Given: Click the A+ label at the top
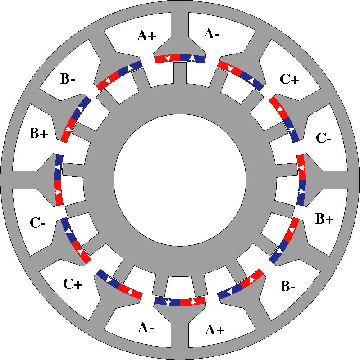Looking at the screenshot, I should (x=146, y=36).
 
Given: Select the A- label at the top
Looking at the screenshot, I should (x=212, y=33).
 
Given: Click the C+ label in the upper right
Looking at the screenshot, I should (x=289, y=80).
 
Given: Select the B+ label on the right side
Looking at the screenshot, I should (x=324, y=219).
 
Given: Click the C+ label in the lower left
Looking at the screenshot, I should (x=72, y=284).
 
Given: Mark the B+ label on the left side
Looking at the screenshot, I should (x=39, y=134).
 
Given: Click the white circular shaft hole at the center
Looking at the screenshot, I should (x=180, y=180).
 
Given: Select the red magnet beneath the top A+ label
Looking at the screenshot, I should (x=167, y=58).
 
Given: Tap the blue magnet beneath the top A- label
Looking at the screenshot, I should (x=193, y=58).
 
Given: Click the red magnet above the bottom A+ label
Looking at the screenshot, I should (x=193, y=301).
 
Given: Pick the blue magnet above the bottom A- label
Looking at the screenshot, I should (x=167, y=301).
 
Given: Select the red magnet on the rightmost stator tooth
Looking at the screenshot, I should (x=301, y=167).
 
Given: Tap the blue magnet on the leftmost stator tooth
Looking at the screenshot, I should (x=58, y=167).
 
